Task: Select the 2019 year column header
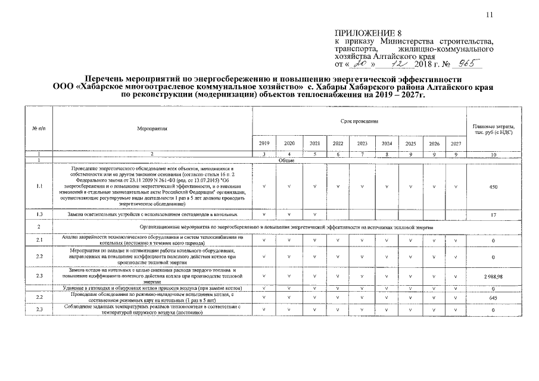(x=264, y=143)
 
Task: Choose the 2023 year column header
(x=362, y=143)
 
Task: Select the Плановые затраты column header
(x=493, y=129)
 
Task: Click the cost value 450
(x=493, y=186)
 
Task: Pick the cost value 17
(x=493, y=214)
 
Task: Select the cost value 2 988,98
(x=493, y=277)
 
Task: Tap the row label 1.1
(x=38, y=186)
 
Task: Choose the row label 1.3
(x=38, y=214)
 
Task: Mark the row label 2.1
(x=38, y=240)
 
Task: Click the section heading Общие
(x=286, y=160)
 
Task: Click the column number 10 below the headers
(x=493, y=155)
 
